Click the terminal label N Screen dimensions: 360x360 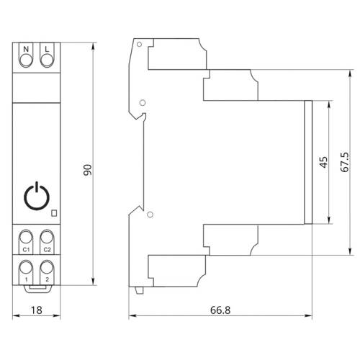coord(26,49)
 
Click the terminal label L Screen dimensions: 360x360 coord(47,49)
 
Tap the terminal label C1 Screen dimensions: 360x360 coord(26,250)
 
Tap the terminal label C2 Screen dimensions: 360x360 coord(47,250)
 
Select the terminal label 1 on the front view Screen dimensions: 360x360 coord(26,279)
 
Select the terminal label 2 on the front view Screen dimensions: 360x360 coord(47,279)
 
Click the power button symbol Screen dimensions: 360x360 coord(37,196)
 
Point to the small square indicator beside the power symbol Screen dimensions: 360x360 coord(54,213)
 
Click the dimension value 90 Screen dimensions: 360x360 coord(88,170)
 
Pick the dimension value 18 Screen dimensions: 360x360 coord(36,310)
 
